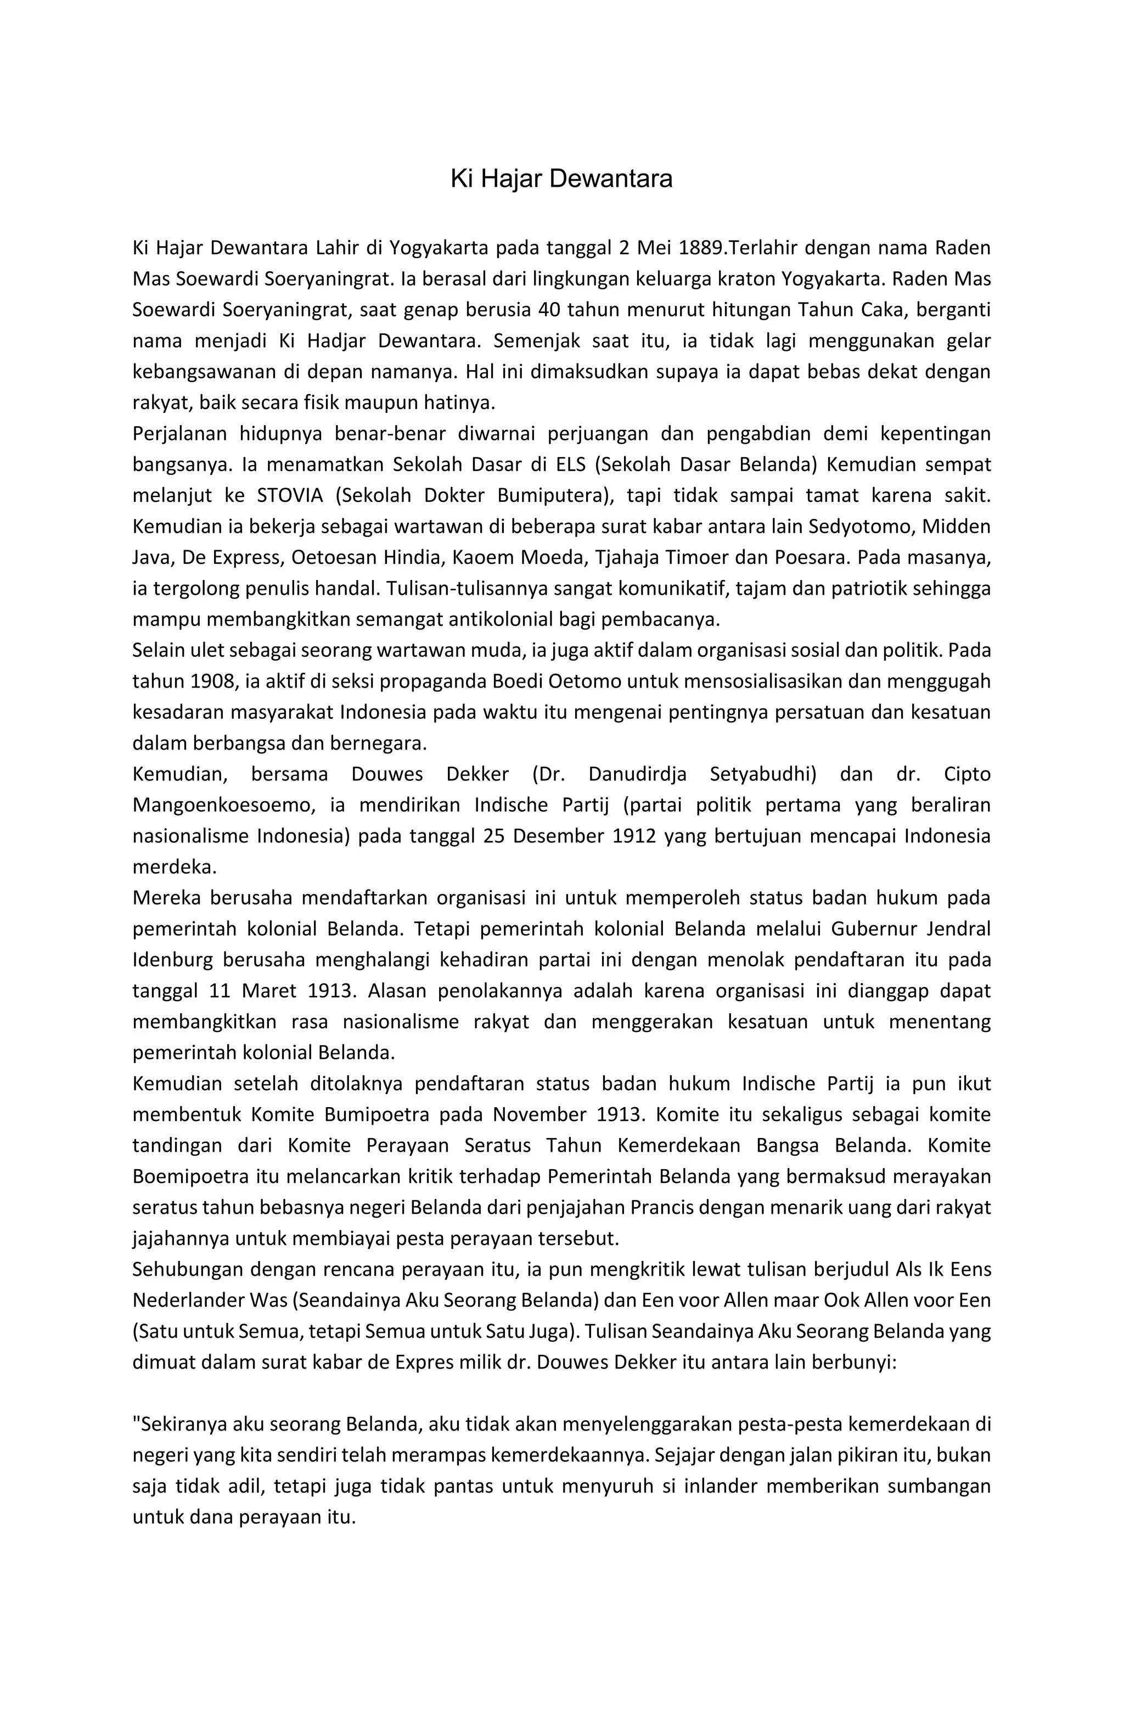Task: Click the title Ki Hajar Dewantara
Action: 561,178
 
